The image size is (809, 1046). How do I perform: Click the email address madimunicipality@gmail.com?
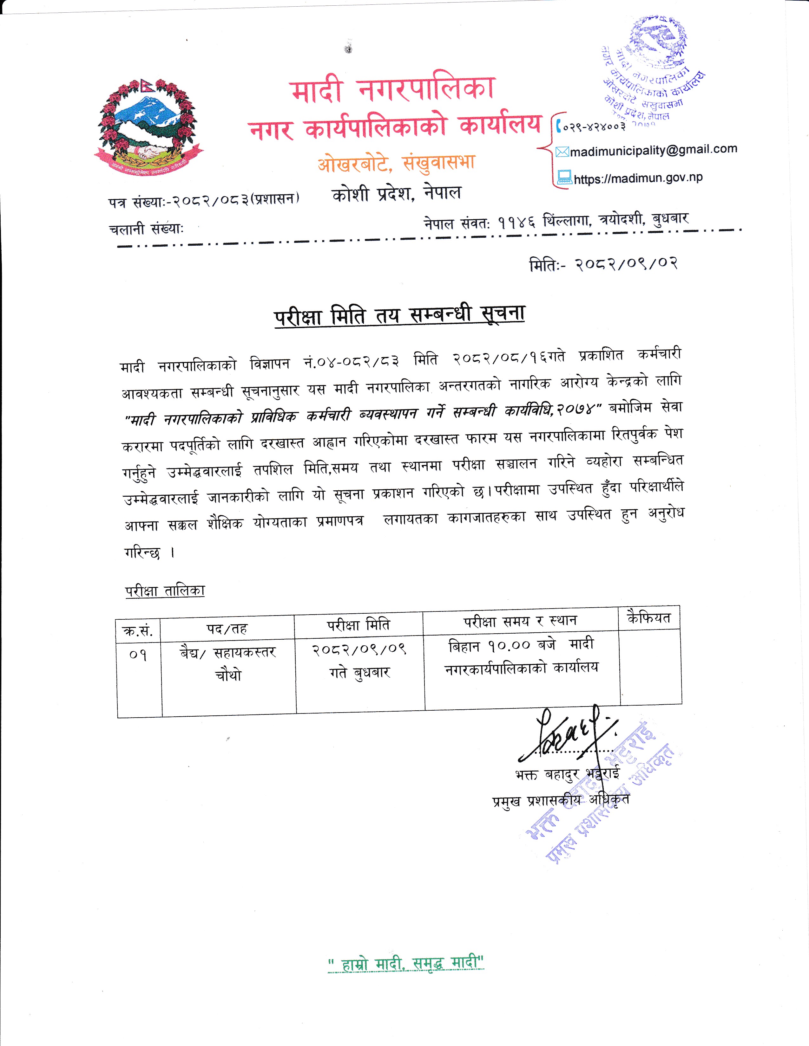click(653, 150)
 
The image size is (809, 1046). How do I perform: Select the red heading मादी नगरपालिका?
click(392, 90)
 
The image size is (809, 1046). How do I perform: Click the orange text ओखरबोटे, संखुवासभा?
click(396, 163)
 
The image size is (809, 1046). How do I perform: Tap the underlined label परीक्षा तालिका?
click(165, 591)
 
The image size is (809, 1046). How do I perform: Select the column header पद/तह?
click(227, 628)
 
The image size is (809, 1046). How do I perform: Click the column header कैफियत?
click(649, 618)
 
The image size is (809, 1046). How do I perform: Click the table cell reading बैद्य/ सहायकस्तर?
click(228, 652)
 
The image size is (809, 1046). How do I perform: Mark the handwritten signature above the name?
click(568, 735)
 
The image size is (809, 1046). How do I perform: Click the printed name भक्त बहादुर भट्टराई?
click(568, 774)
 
